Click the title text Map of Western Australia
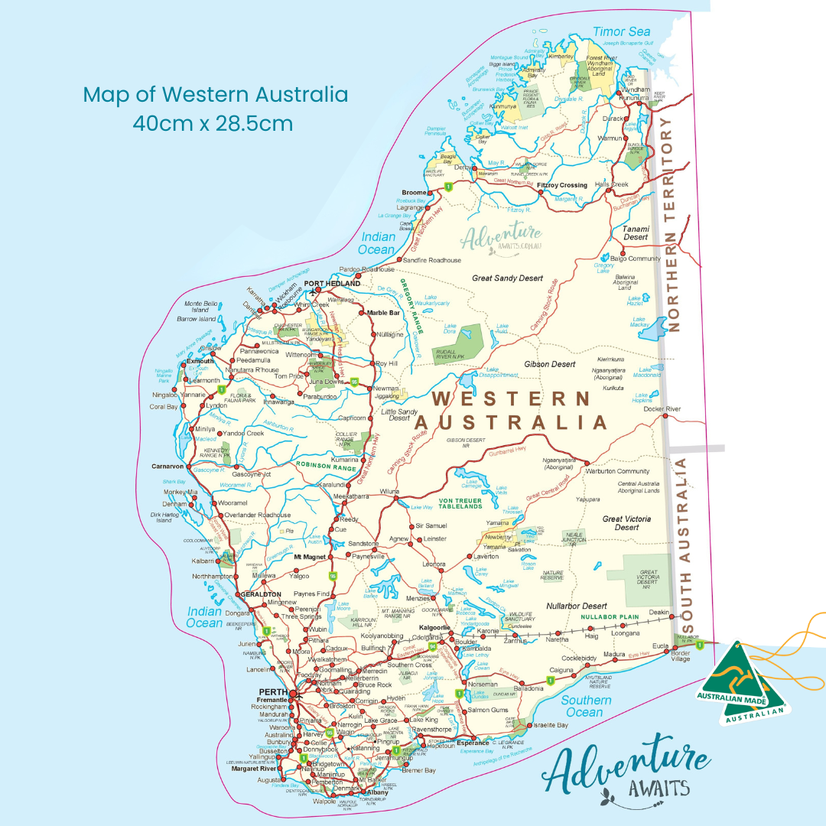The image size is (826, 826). pyautogui.click(x=215, y=95)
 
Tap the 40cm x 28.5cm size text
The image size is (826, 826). pyautogui.click(x=213, y=122)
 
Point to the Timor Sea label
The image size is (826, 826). pyautogui.click(x=621, y=31)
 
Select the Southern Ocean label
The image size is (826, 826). pyautogui.click(x=587, y=706)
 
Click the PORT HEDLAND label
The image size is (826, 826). pyautogui.click(x=332, y=284)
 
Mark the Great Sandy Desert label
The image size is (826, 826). pyautogui.click(x=507, y=278)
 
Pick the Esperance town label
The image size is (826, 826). pyautogui.click(x=473, y=743)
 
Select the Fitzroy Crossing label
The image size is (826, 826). pyautogui.click(x=562, y=185)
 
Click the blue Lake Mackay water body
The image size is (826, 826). pyautogui.click(x=652, y=330)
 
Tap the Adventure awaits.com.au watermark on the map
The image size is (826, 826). pyautogui.click(x=502, y=236)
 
